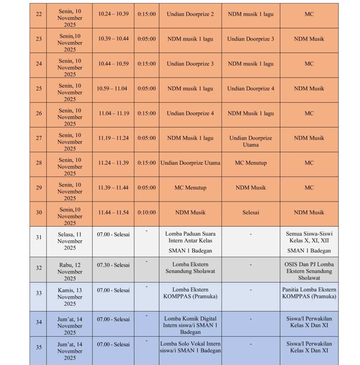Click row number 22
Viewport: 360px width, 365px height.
coord(39,14)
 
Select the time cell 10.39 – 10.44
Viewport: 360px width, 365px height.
coord(113,38)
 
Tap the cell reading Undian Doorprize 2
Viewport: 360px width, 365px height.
coord(190,14)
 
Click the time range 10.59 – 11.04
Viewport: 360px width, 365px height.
coord(112,88)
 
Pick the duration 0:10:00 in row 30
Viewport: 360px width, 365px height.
coord(147,212)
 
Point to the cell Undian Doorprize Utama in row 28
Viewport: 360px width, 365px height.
coord(190,163)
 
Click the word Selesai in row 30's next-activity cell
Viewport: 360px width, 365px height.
coord(250,212)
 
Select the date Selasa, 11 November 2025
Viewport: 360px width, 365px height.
coord(70,241)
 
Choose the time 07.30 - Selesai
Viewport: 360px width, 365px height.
coord(113,265)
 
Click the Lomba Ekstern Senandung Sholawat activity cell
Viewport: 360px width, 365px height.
coord(190,268)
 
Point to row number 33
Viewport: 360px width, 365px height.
coord(39,293)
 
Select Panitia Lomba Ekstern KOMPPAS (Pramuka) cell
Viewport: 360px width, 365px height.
coord(309,293)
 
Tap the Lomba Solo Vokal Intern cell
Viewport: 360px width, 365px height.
coord(190,347)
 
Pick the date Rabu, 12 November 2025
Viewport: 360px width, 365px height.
coord(70,272)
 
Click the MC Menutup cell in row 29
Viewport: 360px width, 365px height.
coord(190,188)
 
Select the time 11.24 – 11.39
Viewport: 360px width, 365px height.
coord(113,163)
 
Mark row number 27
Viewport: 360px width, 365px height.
coord(39,138)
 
